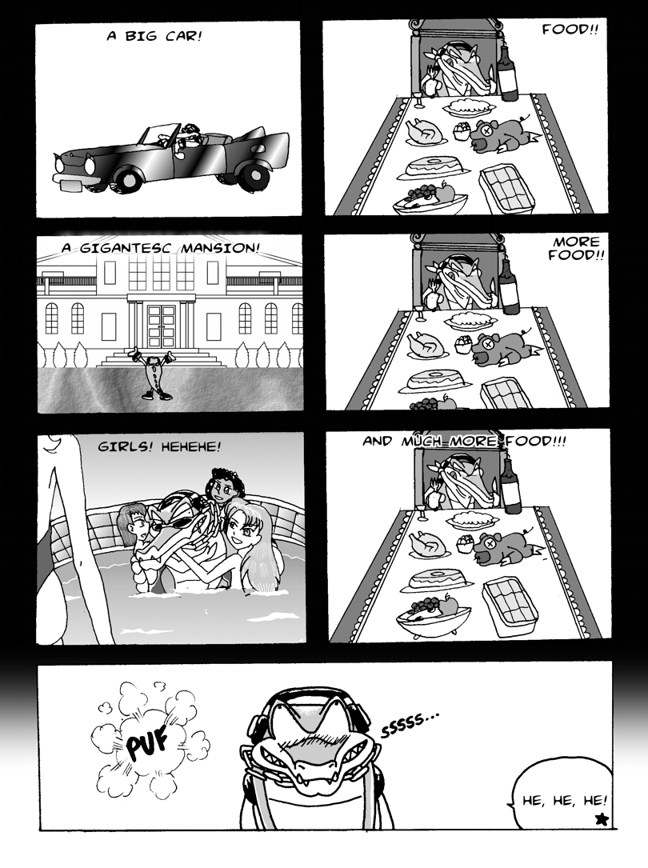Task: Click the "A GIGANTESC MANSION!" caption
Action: [x=160, y=247]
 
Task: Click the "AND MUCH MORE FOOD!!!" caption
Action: [x=464, y=442]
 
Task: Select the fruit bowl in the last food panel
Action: [x=433, y=615]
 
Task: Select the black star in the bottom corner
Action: [x=601, y=818]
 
